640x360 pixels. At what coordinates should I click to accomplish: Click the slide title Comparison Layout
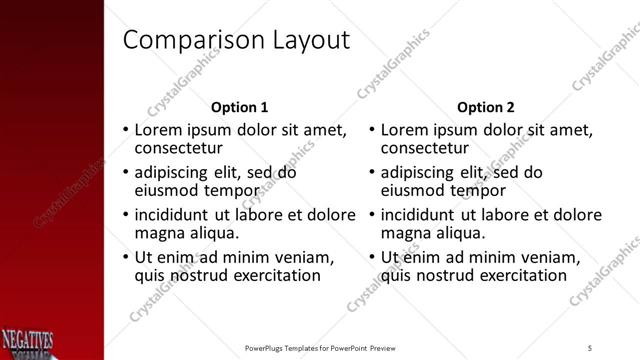click(x=236, y=40)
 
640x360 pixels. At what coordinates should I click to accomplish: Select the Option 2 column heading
click(x=486, y=107)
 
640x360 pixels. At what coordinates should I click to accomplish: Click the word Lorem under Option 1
click(x=159, y=130)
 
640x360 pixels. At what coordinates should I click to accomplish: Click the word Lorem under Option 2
click(x=405, y=130)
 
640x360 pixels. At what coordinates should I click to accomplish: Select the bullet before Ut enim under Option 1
click(x=125, y=258)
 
